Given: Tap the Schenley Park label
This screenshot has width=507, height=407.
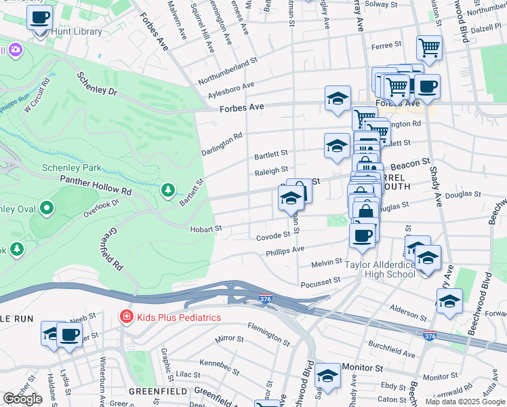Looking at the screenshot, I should [71, 168].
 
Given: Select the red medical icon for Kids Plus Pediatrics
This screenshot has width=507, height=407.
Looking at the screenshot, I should [125, 317].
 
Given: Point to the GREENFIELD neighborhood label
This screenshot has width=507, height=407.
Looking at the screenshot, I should [155, 391].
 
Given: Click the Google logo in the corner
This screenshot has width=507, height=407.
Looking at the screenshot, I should [22, 399].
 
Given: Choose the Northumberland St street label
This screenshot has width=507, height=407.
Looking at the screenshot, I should [228, 71].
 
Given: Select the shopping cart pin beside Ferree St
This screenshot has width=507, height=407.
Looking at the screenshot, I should [429, 48].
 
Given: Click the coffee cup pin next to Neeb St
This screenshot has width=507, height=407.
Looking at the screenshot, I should [69, 334].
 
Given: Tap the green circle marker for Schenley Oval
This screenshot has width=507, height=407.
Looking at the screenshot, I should [47, 208].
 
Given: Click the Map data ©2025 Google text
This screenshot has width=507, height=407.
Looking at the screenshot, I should [465, 402].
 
